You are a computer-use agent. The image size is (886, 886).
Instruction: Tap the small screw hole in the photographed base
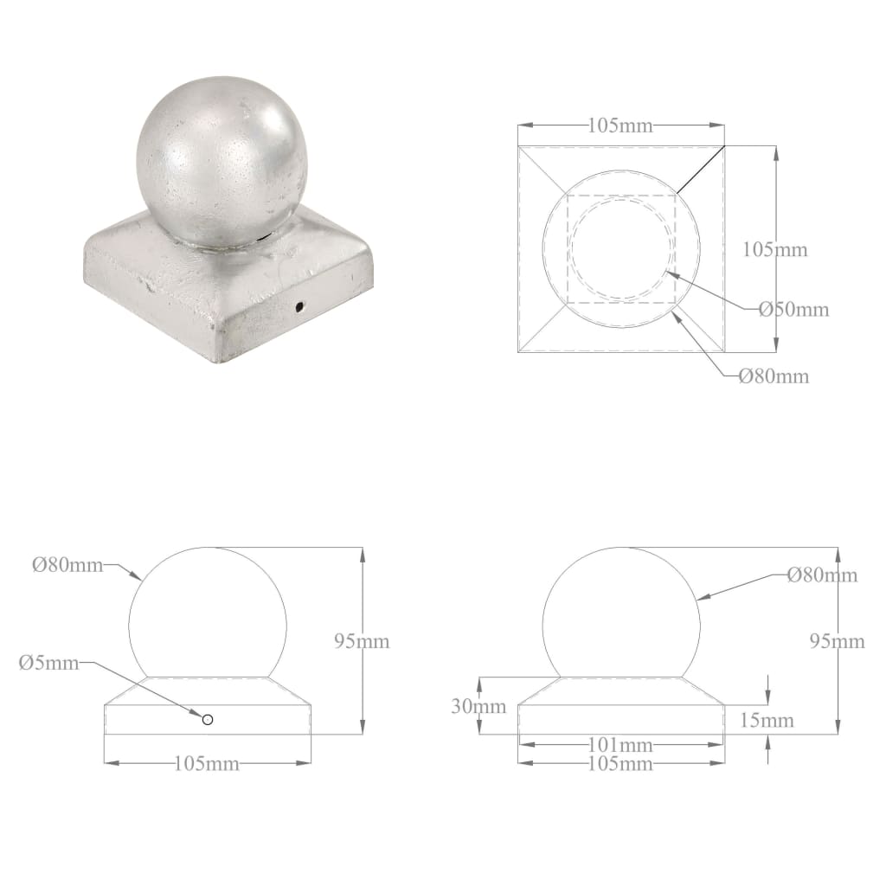click(299, 306)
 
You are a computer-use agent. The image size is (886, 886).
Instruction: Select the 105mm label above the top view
click(620, 125)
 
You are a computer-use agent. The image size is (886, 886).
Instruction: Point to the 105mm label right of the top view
click(775, 250)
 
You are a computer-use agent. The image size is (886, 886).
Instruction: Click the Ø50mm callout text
click(793, 309)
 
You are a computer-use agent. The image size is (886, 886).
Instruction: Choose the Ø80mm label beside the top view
click(774, 376)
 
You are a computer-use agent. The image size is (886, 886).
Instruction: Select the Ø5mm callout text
click(48, 663)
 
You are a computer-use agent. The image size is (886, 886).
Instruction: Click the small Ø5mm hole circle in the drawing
click(207, 719)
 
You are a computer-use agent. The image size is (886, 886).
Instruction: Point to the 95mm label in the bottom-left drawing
click(362, 641)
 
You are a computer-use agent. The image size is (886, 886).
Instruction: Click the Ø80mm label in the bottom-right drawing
click(822, 575)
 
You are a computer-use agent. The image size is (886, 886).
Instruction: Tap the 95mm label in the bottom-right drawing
click(837, 641)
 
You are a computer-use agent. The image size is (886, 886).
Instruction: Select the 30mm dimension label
click(478, 706)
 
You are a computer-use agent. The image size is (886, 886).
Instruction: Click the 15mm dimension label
click(767, 720)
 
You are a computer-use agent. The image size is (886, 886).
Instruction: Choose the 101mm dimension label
click(620, 745)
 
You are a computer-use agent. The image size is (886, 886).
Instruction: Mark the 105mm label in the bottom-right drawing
click(620, 763)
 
